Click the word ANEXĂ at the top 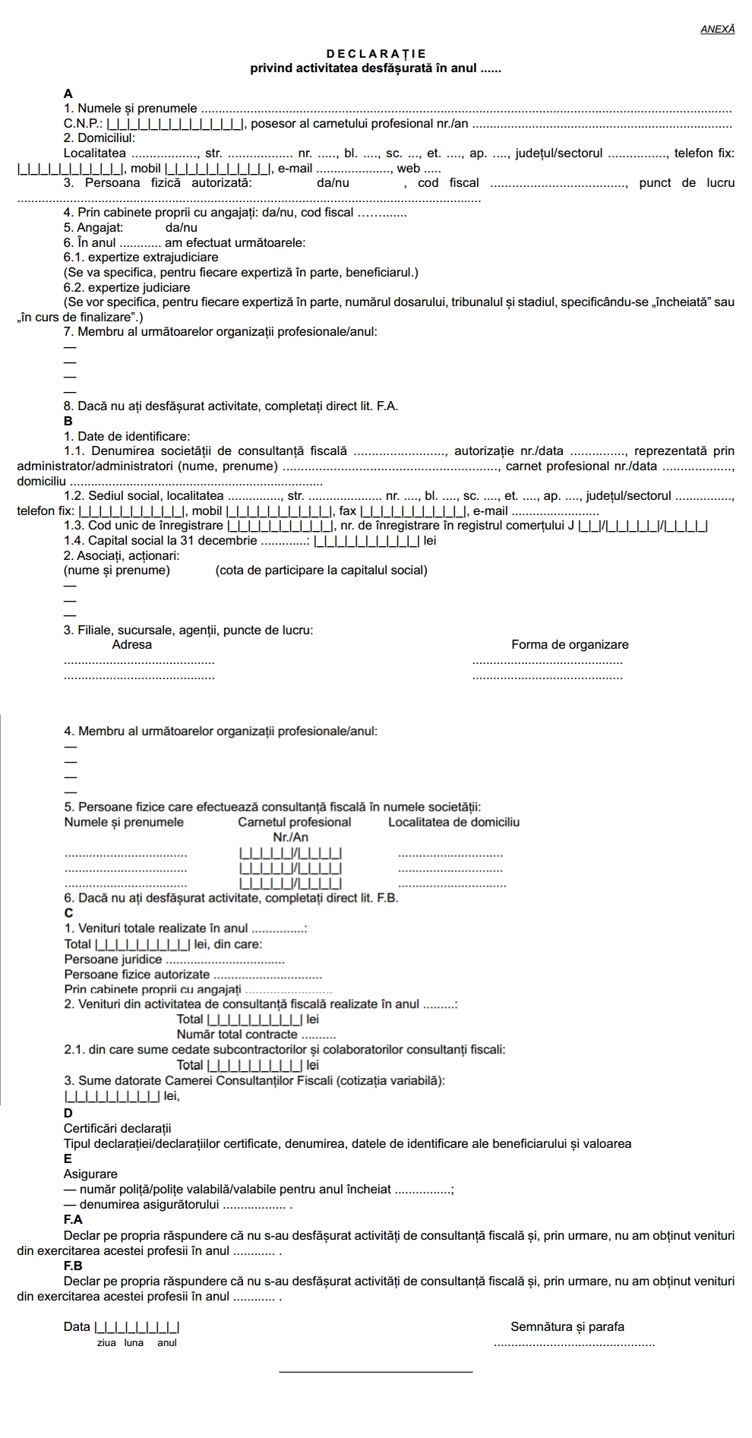point(718,29)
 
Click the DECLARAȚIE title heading point(376,54)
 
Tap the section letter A point(68,93)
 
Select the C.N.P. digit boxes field point(175,124)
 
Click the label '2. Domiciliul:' point(100,138)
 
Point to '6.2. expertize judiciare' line point(127,287)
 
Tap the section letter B point(68,421)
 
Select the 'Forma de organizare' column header point(570,644)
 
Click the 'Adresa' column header point(131,644)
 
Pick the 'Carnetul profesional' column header point(295,822)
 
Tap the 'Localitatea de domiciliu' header point(453,822)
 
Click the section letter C point(68,912)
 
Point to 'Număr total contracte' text point(237,1034)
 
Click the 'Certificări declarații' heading point(118,1128)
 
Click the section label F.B point(74,1266)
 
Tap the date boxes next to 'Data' point(137,1327)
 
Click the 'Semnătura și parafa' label point(567,1326)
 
